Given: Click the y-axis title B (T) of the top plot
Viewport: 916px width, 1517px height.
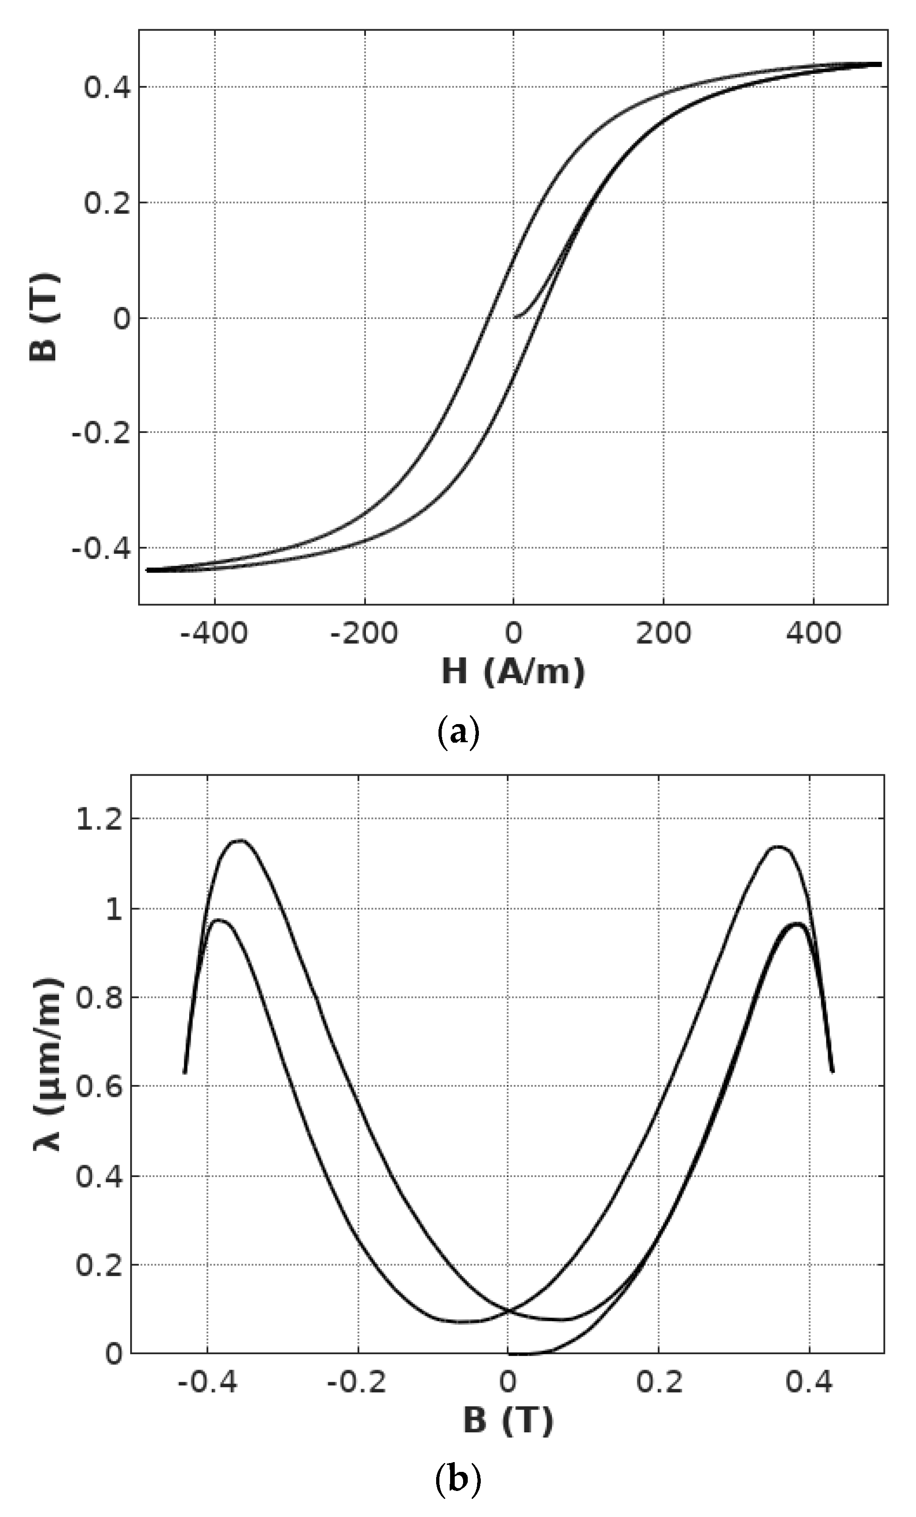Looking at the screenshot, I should pos(44,318).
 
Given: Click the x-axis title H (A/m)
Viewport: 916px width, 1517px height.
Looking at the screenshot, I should pos(513,671).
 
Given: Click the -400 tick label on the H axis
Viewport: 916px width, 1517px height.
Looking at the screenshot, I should pos(214,633).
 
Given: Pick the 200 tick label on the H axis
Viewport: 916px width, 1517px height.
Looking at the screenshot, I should pos(664,633).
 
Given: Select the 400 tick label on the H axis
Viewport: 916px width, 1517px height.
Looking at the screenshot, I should pos(814,633).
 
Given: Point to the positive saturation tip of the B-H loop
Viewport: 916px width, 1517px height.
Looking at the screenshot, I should pos(879,64).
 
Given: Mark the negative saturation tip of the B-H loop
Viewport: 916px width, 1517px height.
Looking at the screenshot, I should pos(148,570).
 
